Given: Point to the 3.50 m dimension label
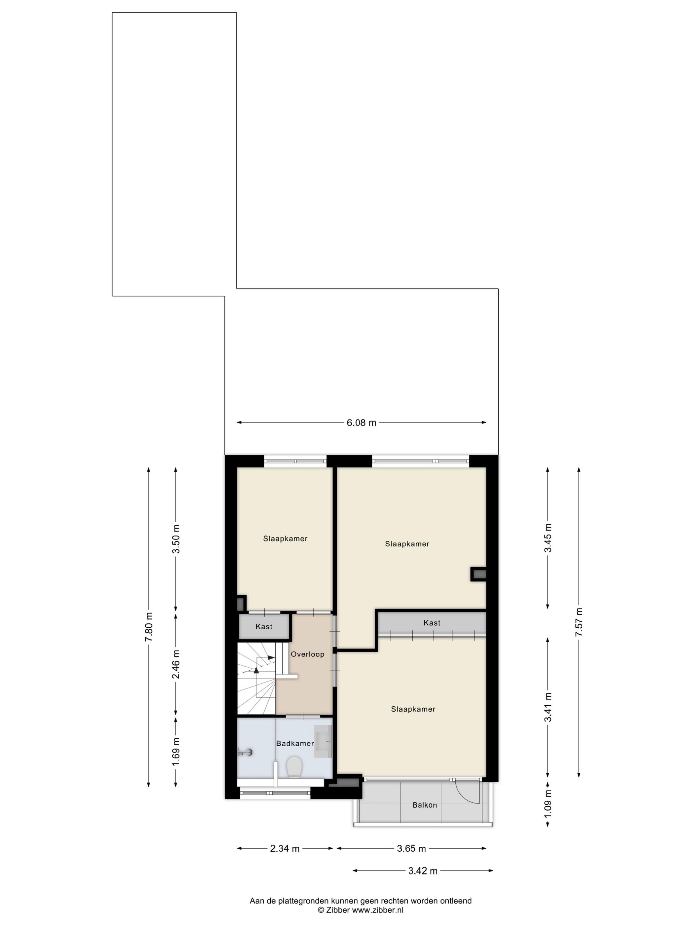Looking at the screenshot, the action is pyautogui.click(x=176, y=538).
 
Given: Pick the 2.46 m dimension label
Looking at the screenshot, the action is pyautogui.click(x=176, y=664).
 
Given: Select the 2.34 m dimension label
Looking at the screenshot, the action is pyautogui.click(x=285, y=848).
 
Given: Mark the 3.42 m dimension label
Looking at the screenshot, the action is pyautogui.click(x=423, y=870).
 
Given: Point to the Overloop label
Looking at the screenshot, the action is pyautogui.click(x=307, y=654).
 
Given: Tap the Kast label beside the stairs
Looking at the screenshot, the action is pyautogui.click(x=264, y=626).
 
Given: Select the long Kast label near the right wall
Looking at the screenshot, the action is pyautogui.click(x=432, y=623).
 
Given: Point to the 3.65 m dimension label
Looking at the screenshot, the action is pyautogui.click(x=411, y=848).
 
